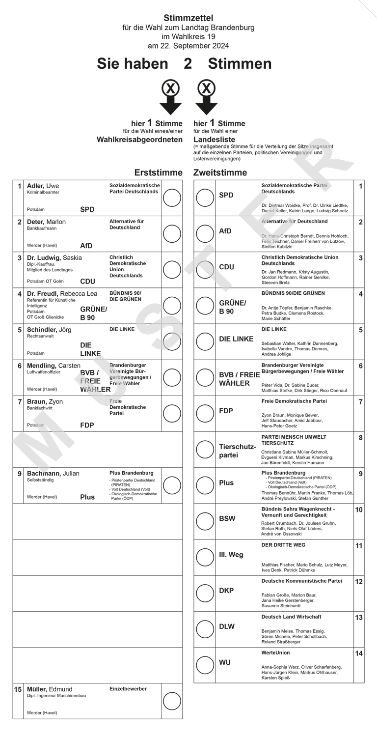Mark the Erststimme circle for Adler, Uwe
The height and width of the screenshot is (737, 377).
point(172,198)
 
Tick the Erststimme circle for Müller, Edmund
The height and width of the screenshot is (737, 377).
point(172,701)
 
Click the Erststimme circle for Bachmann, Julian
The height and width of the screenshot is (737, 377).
point(172,485)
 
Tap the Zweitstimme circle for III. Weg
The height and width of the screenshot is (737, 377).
point(205,557)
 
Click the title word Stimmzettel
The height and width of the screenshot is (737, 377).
point(188,18)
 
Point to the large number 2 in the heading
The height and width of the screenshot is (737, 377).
point(188,63)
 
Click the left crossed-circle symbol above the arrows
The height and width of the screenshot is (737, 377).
point(170,88)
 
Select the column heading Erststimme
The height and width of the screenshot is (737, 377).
point(158,172)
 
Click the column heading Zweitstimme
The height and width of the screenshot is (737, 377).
point(220,172)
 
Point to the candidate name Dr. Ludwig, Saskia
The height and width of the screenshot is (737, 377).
point(54,258)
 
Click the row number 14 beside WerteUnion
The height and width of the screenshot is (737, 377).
point(359,653)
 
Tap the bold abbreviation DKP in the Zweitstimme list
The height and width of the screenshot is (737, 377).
point(226,591)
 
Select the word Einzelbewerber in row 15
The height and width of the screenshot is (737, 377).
point(128,689)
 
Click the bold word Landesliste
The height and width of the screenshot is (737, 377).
point(215,140)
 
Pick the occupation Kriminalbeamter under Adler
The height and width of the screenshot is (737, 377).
point(43,193)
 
